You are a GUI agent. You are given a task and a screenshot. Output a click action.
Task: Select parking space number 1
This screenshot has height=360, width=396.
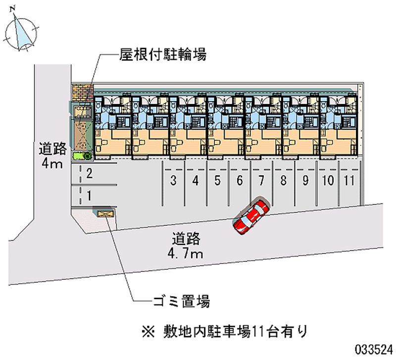pyautogui.click(x=94, y=196)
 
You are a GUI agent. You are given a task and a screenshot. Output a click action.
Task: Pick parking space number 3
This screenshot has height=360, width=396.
pyautogui.click(x=173, y=183)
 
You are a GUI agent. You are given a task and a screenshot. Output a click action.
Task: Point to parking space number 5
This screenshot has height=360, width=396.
pyautogui.click(x=217, y=183)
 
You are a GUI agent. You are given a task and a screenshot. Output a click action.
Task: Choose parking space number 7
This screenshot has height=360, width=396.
pyautogui.click(x=261, y=183)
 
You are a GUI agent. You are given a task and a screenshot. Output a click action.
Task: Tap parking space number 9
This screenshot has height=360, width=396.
pyautogui.click(x=305, y=183)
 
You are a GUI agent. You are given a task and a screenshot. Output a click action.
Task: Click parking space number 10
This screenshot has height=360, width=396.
pyautogui.click(x=328, y=183)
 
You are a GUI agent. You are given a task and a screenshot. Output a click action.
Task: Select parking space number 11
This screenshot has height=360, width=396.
pyautogui.click(x=349, y=183)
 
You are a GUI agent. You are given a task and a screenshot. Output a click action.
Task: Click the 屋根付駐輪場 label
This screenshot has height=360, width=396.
pyautogui.click(x=163, y=54)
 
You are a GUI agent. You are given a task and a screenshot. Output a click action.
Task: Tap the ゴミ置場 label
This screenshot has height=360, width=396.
pyautogui.click(x=182, y=301)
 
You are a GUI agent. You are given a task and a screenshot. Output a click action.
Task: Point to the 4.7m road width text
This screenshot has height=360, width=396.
pyautogui.click(x=186, y=254)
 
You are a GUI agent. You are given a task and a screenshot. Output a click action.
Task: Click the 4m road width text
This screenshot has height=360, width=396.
pyautogui.click(x=52, y=164)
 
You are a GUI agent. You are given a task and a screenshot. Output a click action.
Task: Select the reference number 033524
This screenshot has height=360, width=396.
pyautogui.click(x=374, y=350)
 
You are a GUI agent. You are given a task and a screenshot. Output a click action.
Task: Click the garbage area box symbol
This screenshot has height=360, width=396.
pyautogui.click(x=105, y=214)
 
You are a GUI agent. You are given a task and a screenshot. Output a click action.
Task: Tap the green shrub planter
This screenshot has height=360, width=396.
pyautogui.click(x=82, y=155)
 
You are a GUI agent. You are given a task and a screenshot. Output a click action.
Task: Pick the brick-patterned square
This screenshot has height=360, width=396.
pyautogui.click(x=83, y=93)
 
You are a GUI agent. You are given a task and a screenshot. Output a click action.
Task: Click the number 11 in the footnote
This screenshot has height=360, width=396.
pyautogui.click(x=257, y=331)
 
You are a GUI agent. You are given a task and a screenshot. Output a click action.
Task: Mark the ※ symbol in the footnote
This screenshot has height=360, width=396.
pyautogui.click(x=148, y=331)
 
